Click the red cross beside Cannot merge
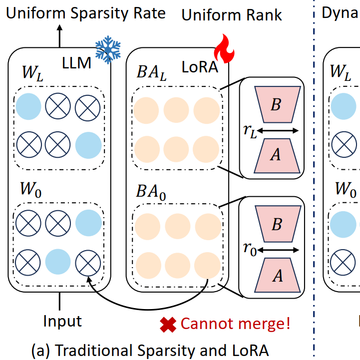(168, 325)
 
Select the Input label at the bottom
(62, 321)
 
